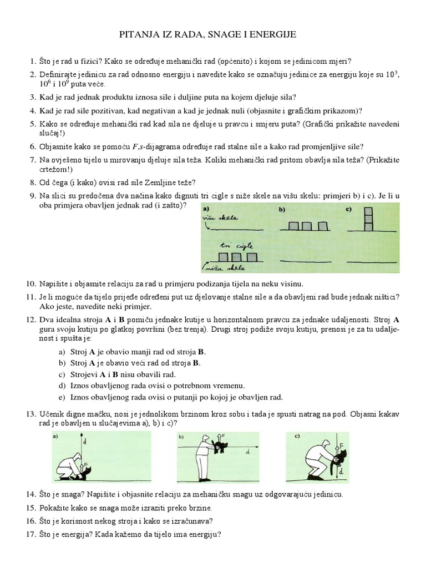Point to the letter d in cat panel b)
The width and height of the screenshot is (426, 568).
247,452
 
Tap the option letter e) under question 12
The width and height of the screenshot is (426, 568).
62,397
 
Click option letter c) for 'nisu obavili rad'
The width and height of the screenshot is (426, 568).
62,374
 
